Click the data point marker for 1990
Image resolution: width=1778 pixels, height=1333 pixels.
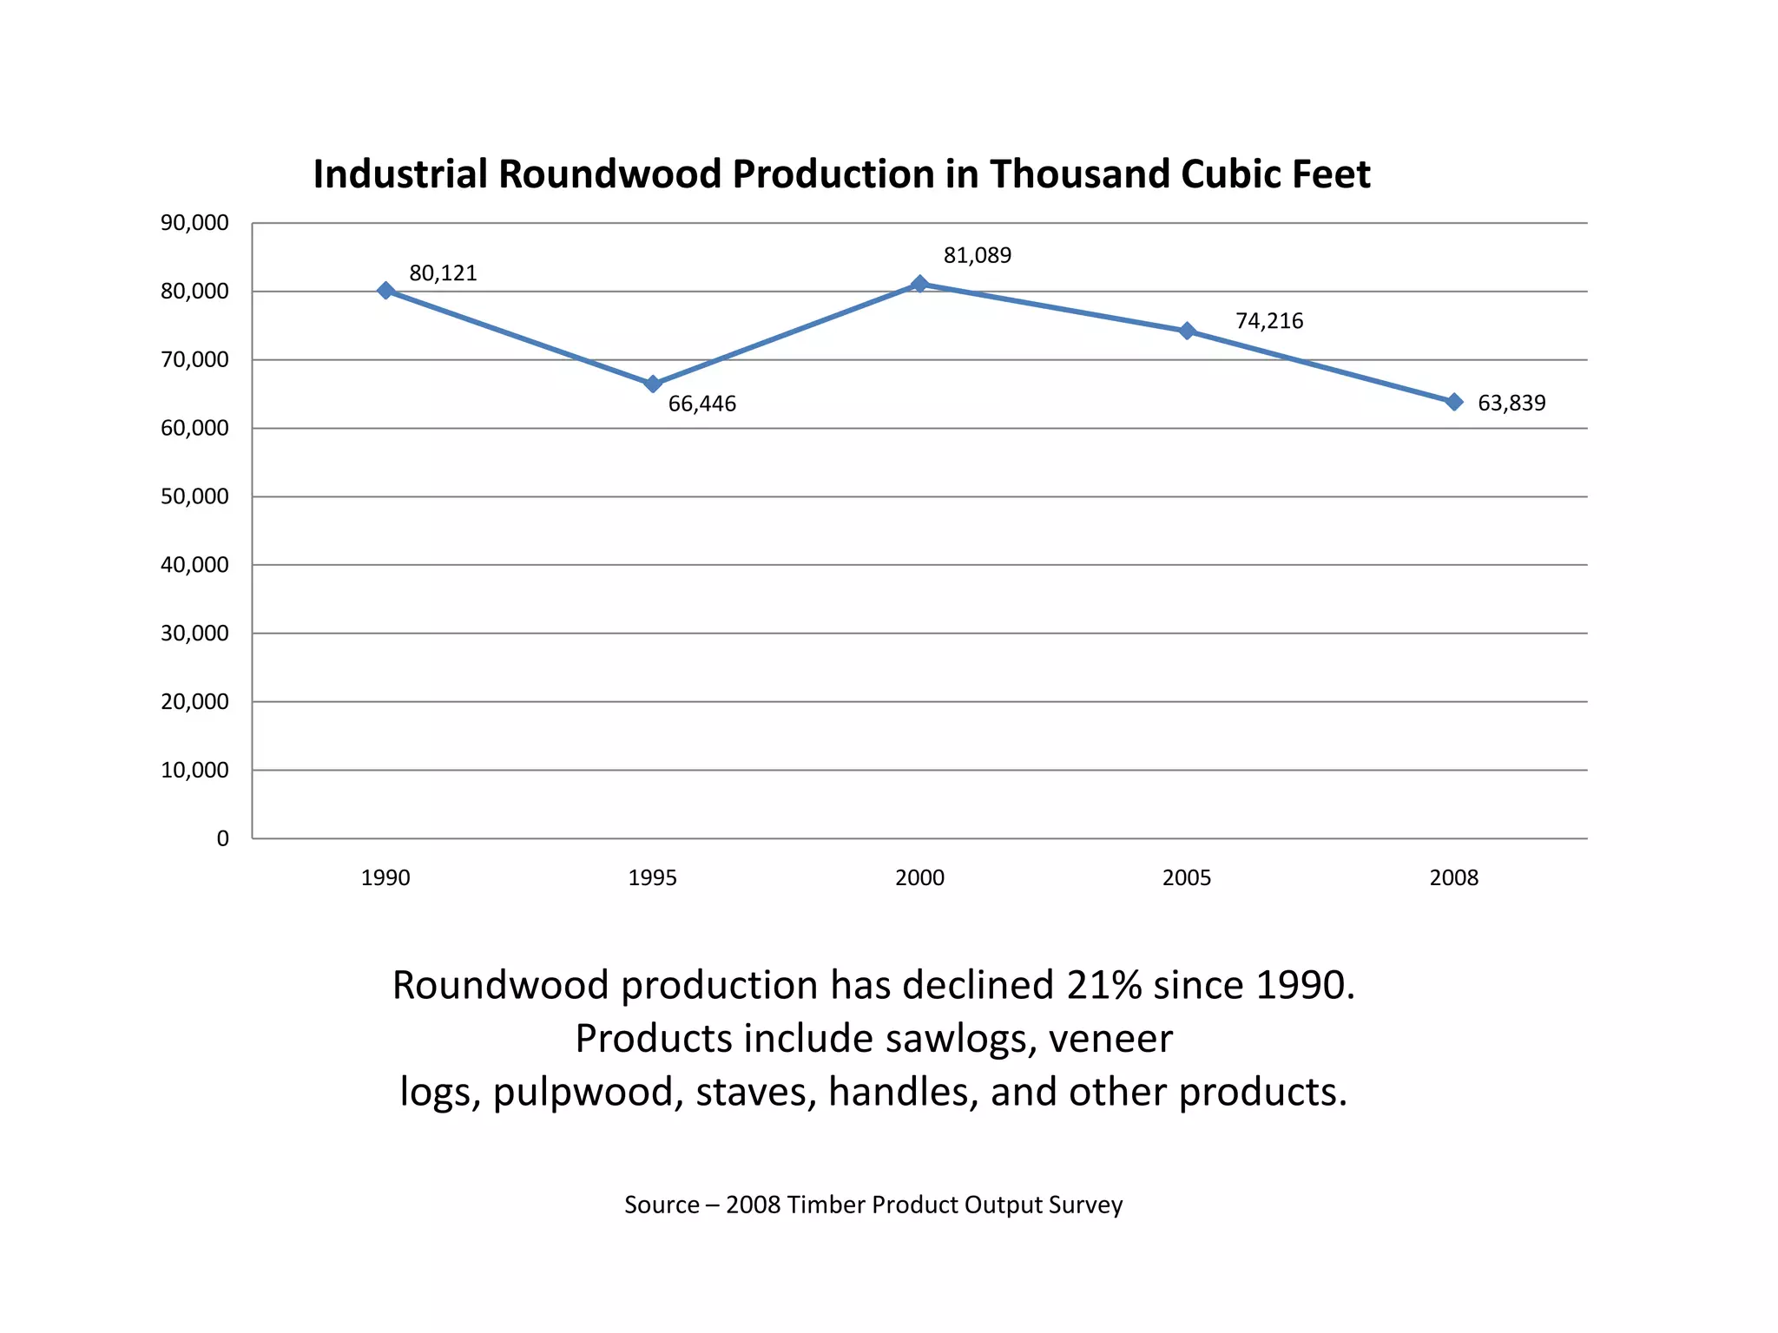pos(386,291)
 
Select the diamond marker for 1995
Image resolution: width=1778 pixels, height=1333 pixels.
pos(653,384)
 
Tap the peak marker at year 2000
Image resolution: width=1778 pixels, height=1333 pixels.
pos(920,284)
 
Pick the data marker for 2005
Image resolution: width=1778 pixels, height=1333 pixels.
pos(1187,331)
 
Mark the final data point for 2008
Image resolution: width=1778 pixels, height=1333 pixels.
pos(1454,402)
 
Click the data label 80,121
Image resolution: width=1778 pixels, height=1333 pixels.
pos(443,273)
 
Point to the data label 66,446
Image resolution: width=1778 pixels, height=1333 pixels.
pos(701,404)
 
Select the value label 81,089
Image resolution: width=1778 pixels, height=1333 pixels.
pos(978,256)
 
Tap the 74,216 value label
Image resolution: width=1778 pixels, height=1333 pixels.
pos(1269,321)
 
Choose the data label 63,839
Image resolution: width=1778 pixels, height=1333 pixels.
pos(1511,404)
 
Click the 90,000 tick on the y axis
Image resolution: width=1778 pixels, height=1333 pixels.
pos(194,223)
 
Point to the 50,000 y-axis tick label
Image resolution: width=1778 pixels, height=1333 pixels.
pos(194,496)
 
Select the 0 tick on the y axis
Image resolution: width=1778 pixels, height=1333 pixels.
pos(223,838)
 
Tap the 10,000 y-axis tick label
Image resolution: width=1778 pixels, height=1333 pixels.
pos(194,770)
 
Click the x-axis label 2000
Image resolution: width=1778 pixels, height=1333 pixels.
pos(919,878)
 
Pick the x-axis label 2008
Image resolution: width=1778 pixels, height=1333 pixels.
pos(1453,878)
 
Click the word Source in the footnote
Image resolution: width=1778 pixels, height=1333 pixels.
pos(662,1205)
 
